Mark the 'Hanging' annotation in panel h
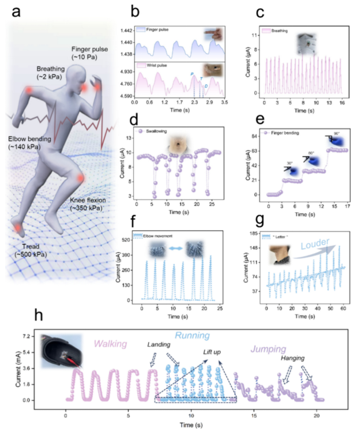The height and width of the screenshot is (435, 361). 292,358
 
